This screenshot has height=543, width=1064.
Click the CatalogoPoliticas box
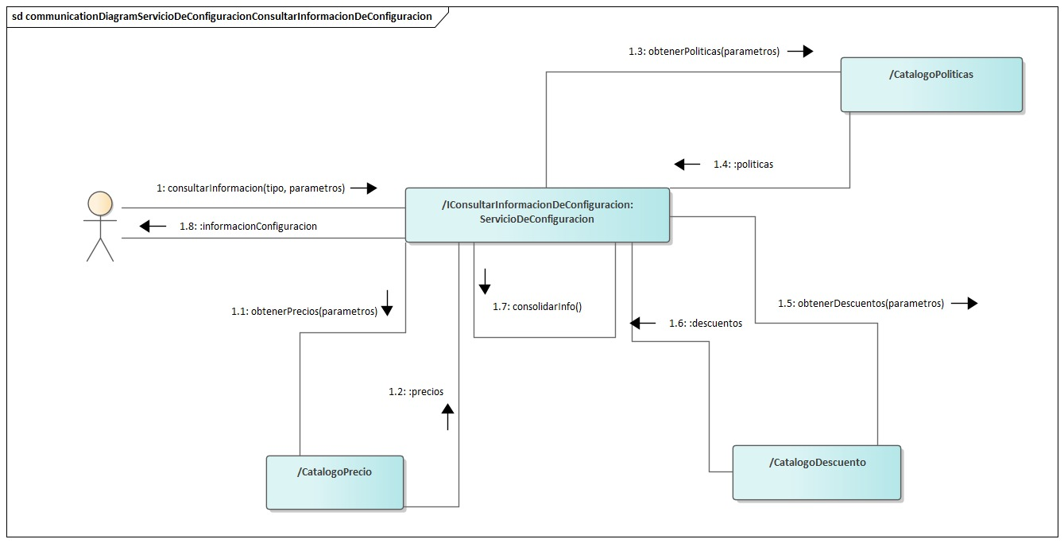pos(931,84)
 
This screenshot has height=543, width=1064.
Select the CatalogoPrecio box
pos(335,482)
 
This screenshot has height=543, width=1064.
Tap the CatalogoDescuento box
pos(817,472)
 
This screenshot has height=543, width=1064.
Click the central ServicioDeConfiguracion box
pos(537,215)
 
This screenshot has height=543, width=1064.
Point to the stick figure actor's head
pos(99,203)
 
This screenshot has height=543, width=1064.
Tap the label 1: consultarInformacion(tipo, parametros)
pos(251,188)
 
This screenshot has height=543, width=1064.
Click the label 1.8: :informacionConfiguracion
pos(248,227)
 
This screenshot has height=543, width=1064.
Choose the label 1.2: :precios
pos(416,392)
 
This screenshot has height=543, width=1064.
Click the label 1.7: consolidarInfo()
pos(536,306)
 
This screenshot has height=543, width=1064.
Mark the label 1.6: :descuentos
pos(705,324)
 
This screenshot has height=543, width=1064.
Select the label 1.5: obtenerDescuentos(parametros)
pos(861,304)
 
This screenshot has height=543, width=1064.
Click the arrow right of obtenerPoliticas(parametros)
pos(800,52)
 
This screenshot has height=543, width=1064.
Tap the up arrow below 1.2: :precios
pos(447,417)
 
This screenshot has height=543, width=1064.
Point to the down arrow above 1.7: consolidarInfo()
pos(484,281)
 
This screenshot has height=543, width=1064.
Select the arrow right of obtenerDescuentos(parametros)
pos(964,304)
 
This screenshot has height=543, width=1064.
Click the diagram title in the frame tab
pos(222,16)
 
